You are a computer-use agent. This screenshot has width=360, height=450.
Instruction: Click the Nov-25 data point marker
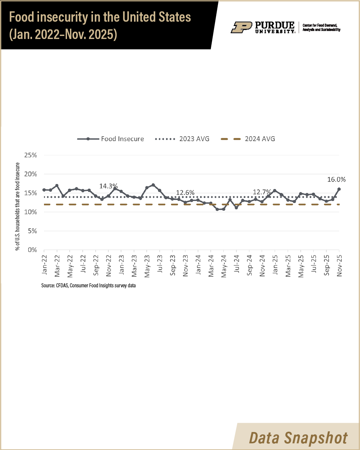coord(339,189)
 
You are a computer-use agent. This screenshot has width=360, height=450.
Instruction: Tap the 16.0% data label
coord(336,180)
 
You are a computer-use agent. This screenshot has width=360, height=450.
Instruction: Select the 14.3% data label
coord(108,186)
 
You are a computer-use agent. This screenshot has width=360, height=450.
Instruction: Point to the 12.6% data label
coord(185,193)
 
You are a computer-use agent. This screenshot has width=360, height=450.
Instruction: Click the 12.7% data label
coord(262,192)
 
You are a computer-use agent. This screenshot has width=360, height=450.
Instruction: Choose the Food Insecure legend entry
coord(111,139)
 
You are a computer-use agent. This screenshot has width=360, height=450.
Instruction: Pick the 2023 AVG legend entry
coord(182,139)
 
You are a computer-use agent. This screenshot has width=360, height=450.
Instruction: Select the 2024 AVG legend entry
coord(248,139)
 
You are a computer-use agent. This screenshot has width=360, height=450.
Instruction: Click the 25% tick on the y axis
coord(31,155)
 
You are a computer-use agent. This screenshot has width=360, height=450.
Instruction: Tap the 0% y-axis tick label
coord(32,250)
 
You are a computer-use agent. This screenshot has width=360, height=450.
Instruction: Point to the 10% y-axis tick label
coord(31,212)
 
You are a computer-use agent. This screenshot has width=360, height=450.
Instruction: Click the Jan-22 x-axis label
coord(44,265)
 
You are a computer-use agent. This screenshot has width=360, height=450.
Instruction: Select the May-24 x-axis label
coord(224,266)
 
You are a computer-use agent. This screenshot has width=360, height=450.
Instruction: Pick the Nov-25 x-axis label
coord(339,266)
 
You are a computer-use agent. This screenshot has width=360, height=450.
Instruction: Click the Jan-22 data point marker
coord(44,190)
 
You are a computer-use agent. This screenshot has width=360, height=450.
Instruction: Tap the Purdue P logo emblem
coord(241,27)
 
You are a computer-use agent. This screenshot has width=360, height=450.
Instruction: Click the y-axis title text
coord(18,207)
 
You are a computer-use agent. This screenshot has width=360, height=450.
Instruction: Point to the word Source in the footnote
coord(48,286)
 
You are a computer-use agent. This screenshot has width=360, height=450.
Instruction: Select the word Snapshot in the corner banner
coord(316,438)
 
